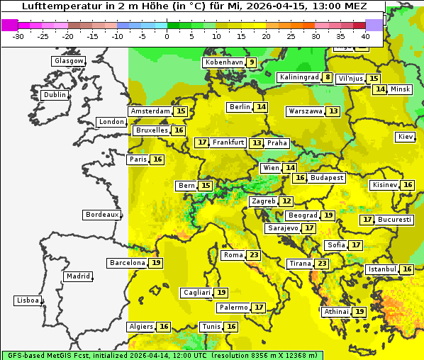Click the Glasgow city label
coord(68,61)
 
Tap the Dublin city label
coord(55,95)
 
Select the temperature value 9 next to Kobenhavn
coord(252,62)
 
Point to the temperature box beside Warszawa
coord(333,111)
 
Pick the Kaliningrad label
coord(298,77)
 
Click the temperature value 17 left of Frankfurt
coord(202,142)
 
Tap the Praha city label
coord(277,143)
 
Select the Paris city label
coord(138,159)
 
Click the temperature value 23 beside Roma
coord(254,255)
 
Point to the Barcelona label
coord(127,263)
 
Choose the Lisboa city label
coord(27,300)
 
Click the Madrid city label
coord(77,276)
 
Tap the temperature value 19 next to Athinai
coord(359,312)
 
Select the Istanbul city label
coord(382,270)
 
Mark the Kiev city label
coord(406,137)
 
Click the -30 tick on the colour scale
coord(18,36)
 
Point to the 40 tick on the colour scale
coord(365,36)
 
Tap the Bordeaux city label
coord(102,215)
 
